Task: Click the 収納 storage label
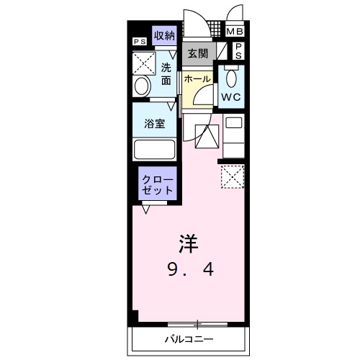pyautogui.click(x=165, y=35)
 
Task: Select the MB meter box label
pyautogui.click(x=235, y=32)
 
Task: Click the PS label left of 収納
pyautogui.click(x=140, y=42)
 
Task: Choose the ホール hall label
pyautogui.click(x=197, y=78)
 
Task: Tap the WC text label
pyautogui.click(x=231, y=96)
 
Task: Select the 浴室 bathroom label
pyautogui.click(x=155, y=122)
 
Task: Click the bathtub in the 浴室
pyautogui.click(x=155, y=150)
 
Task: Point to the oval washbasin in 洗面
pyautogui.click(x=142, y=86)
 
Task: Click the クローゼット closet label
pyautogui.click(x=157, y=184)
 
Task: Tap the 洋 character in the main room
pyautogui.click(x=189, y=243)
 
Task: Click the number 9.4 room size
pyautogui.click(x=190, y=271)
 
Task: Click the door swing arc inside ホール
pyautogui.click(x=207, y=96)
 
